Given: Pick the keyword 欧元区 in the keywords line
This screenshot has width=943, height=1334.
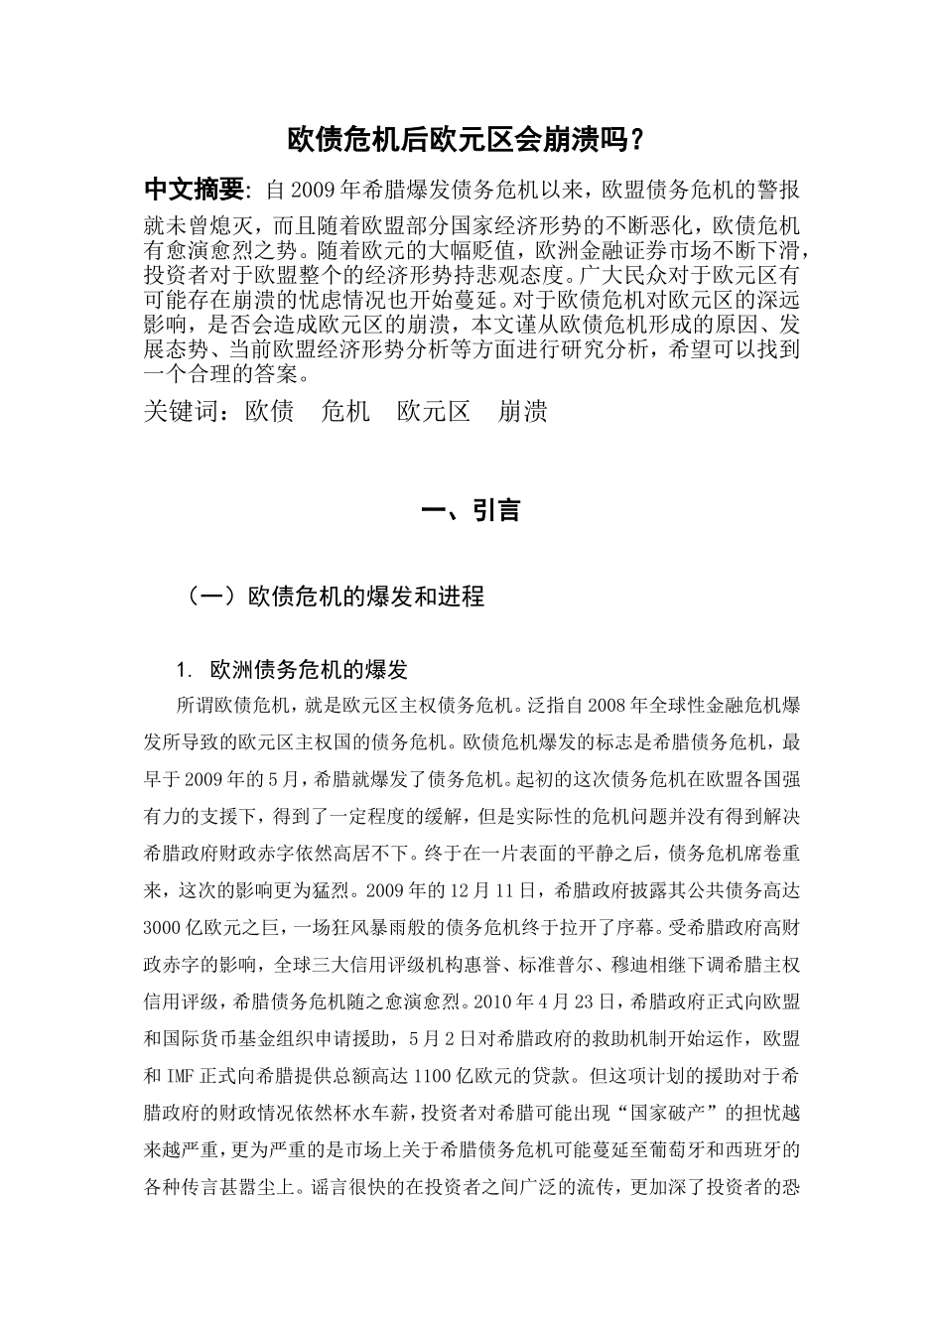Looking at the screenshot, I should [434, 411].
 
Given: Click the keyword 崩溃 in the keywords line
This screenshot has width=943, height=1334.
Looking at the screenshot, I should [523, 411].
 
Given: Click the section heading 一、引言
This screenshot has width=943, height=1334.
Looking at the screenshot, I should [471, 511].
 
